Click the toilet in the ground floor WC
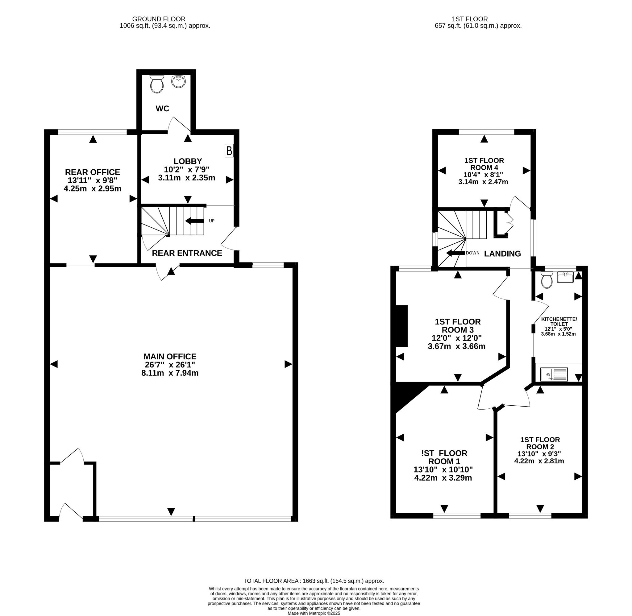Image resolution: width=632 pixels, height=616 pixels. click(157, 84)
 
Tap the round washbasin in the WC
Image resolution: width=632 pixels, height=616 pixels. click(178, 81)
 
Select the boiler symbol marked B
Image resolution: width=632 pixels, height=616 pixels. click(229, 151)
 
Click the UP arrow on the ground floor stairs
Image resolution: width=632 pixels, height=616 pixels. click(194, 221)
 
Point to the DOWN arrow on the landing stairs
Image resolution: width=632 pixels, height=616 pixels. click(455, 253)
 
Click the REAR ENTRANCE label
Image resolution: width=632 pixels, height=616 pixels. click(187, 253)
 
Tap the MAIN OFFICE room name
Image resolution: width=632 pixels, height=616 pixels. click(170, 357)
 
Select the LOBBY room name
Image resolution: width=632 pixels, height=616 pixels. click(188, 161)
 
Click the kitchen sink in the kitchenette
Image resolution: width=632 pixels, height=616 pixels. click(554, 374)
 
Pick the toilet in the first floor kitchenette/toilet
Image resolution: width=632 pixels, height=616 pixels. click(547, 279)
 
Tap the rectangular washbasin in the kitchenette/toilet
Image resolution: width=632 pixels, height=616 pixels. click(565, 277)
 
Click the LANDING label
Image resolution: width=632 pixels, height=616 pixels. click(502, 254)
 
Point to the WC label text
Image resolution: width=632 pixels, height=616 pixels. click(162, 109)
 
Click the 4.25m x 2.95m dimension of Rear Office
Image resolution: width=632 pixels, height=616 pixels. click(93, 188)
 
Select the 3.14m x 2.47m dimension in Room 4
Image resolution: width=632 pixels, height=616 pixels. click(483, 182)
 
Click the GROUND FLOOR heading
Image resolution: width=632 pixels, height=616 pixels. click(159, 19)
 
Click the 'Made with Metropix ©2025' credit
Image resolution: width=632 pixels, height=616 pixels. click(314, 613)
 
